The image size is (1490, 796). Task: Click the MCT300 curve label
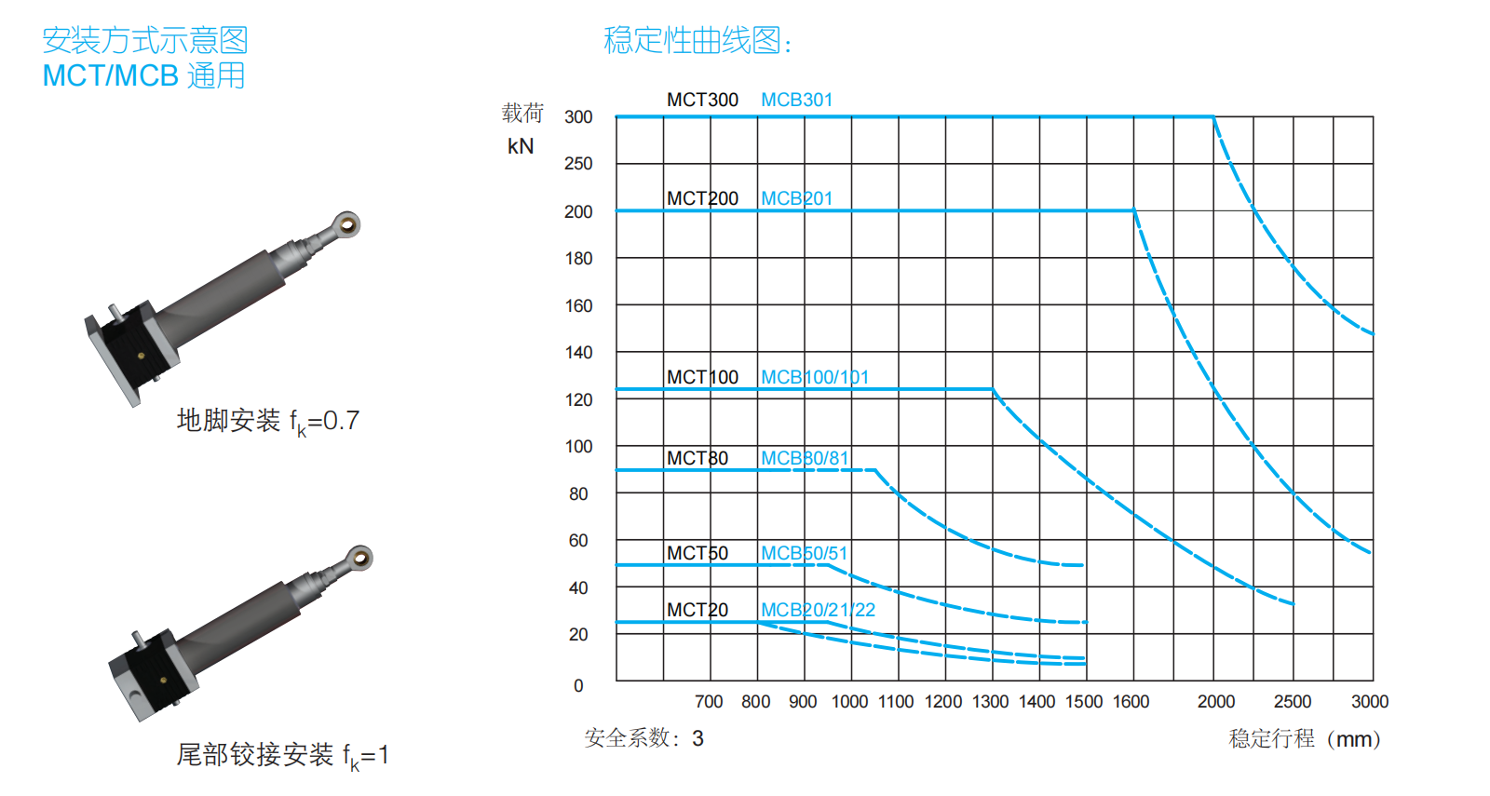point(702,100)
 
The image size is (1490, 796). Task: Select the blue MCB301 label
point(796,100)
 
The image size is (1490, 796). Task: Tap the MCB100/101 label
point(814,377)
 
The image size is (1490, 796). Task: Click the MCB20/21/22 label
point(818,610)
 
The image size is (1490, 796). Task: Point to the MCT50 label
point(697,553)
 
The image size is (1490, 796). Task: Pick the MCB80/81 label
point(805,458)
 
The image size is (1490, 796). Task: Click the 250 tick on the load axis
point(578,164)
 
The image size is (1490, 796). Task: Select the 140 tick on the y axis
point(578,353)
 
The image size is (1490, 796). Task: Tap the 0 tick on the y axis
point(578,686)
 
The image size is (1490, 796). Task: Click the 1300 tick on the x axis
point(990,702)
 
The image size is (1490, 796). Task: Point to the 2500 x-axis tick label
point(1292,702)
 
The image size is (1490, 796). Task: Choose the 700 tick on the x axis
point(709,702)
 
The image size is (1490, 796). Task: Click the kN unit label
point(521,146)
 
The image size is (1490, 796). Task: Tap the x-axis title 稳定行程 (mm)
point(1305,739)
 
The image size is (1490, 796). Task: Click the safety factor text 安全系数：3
point(643,738)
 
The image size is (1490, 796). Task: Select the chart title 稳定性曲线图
point(697,41)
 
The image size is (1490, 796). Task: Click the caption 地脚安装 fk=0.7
point(267,421)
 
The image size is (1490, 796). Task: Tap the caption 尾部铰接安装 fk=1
point(282,755)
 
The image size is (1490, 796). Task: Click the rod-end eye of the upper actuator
point(348,223)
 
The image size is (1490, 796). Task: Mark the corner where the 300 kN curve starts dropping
point(1213,117)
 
